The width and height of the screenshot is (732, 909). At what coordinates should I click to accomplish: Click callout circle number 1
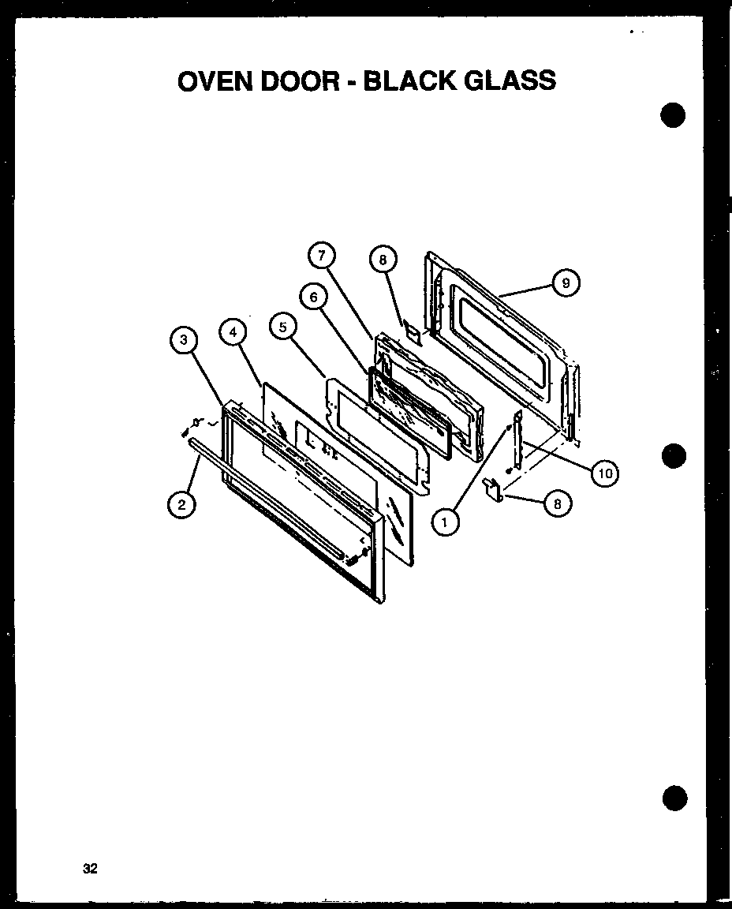click(x=445, y=520)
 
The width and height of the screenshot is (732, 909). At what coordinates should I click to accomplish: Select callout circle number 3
click(x=183, y=340)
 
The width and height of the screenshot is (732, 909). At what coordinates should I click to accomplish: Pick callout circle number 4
click(x=233, y=333)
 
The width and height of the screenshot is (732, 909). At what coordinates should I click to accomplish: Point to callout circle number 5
click(x=282, y=327)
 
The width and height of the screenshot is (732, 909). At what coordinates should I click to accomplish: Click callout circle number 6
click(x=313, y=297)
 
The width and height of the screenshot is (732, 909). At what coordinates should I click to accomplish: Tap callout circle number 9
click(x=566, y=282)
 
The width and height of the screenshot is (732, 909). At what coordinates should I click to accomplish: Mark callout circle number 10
click(x=603, y=473)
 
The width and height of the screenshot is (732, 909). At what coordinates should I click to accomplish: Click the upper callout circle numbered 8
click(x=383, y=259)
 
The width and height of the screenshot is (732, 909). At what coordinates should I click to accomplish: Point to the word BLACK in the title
click(x=411, y=80)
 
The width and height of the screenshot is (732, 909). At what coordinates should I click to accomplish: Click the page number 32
click(x=89, y=870)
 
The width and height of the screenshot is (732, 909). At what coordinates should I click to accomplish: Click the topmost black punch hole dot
click(x=673, y=116)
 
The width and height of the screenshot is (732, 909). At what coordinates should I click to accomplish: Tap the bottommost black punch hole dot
click(x=674, y=798)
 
